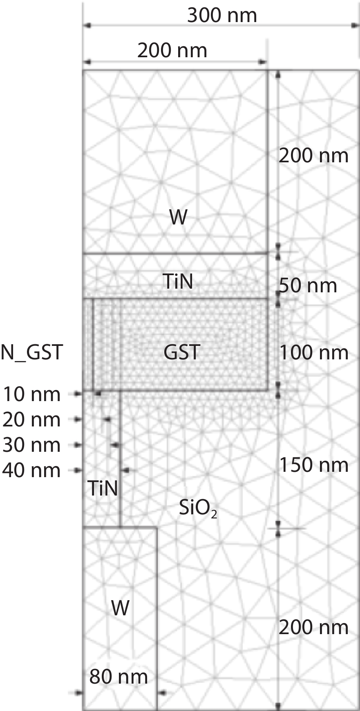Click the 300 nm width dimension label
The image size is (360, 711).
(222, 15)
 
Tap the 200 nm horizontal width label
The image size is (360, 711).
(172, 51)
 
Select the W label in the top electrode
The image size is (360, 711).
(179, 218)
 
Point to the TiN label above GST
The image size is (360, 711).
(177, 282)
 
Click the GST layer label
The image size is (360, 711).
(182, 352)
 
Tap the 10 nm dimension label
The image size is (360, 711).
(32, 395)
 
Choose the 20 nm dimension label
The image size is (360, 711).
(31, 420)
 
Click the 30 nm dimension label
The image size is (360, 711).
(31, 445)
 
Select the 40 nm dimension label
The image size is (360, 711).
(31, 471)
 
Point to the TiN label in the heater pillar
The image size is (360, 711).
(103, 488)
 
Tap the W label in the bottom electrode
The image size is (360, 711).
(120, 608)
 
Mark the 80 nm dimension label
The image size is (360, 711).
(119, 677)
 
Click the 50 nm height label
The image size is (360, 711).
(308, 285)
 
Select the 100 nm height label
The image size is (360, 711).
(314, 352)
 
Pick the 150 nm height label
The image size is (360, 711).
(314, 465)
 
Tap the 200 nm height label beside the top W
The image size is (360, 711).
(313, 156)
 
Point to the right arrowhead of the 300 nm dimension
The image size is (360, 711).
(355, 26)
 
